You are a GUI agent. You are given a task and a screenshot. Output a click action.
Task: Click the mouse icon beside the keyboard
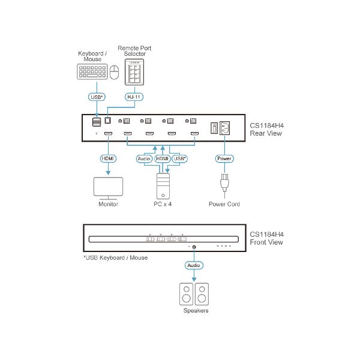tap(114, 74)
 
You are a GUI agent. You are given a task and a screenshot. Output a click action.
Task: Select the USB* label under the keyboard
tap(96, 97)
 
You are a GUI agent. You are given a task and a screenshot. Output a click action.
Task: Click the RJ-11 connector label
tap(133, 97)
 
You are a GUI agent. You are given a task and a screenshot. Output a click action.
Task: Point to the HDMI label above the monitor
tap(109, 158)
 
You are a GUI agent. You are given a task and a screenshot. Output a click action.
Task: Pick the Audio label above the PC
tap(144, 158)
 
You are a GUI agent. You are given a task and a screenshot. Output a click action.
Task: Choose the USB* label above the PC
tap(179, 158)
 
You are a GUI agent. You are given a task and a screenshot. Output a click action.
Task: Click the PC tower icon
tap(163, 185)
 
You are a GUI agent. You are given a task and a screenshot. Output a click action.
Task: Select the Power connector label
tap(224, 158)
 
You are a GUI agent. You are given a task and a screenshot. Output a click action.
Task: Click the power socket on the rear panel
tap(226, 128)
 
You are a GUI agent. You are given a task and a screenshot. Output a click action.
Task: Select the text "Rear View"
tap(266, 133)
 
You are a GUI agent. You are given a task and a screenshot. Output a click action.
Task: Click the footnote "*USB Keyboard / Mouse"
tap(115, 258)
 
